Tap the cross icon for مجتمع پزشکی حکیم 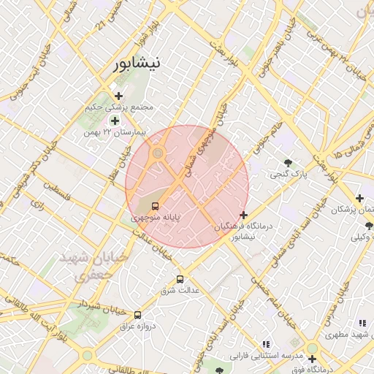118,96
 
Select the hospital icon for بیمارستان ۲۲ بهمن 114,121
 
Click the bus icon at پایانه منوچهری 154,206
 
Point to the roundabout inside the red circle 158,153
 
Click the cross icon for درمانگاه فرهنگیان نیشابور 243,215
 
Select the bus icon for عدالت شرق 180,279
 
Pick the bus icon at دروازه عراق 137,314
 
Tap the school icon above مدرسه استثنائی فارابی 266,343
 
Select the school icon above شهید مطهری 362,323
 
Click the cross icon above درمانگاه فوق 312,359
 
